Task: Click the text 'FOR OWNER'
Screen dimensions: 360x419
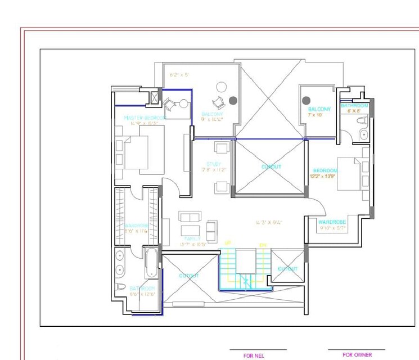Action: pyautogui.click(x=357, y=355)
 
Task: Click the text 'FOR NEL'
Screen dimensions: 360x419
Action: pyautogui.click(x=254, y=355)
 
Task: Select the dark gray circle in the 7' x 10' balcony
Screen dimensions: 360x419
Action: pyautogui.click(x=307, y=101)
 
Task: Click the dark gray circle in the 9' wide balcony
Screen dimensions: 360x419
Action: pyautogui.click(x=233, y=101)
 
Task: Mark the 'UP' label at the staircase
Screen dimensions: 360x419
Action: pyautogui.click(x=228, y=244)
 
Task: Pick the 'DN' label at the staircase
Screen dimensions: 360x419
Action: pyautogui.click(x=262, y=245)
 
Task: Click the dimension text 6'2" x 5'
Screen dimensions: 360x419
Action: pyautogui.click(x=179, y=74)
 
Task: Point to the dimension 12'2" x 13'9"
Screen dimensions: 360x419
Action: pyautogui.click(x=325, y=177)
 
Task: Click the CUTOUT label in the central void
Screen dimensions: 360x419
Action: pyautogui.click(x=271, y=167)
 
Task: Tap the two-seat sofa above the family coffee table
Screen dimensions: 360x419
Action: pyautogui.click(x=190, y=216)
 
